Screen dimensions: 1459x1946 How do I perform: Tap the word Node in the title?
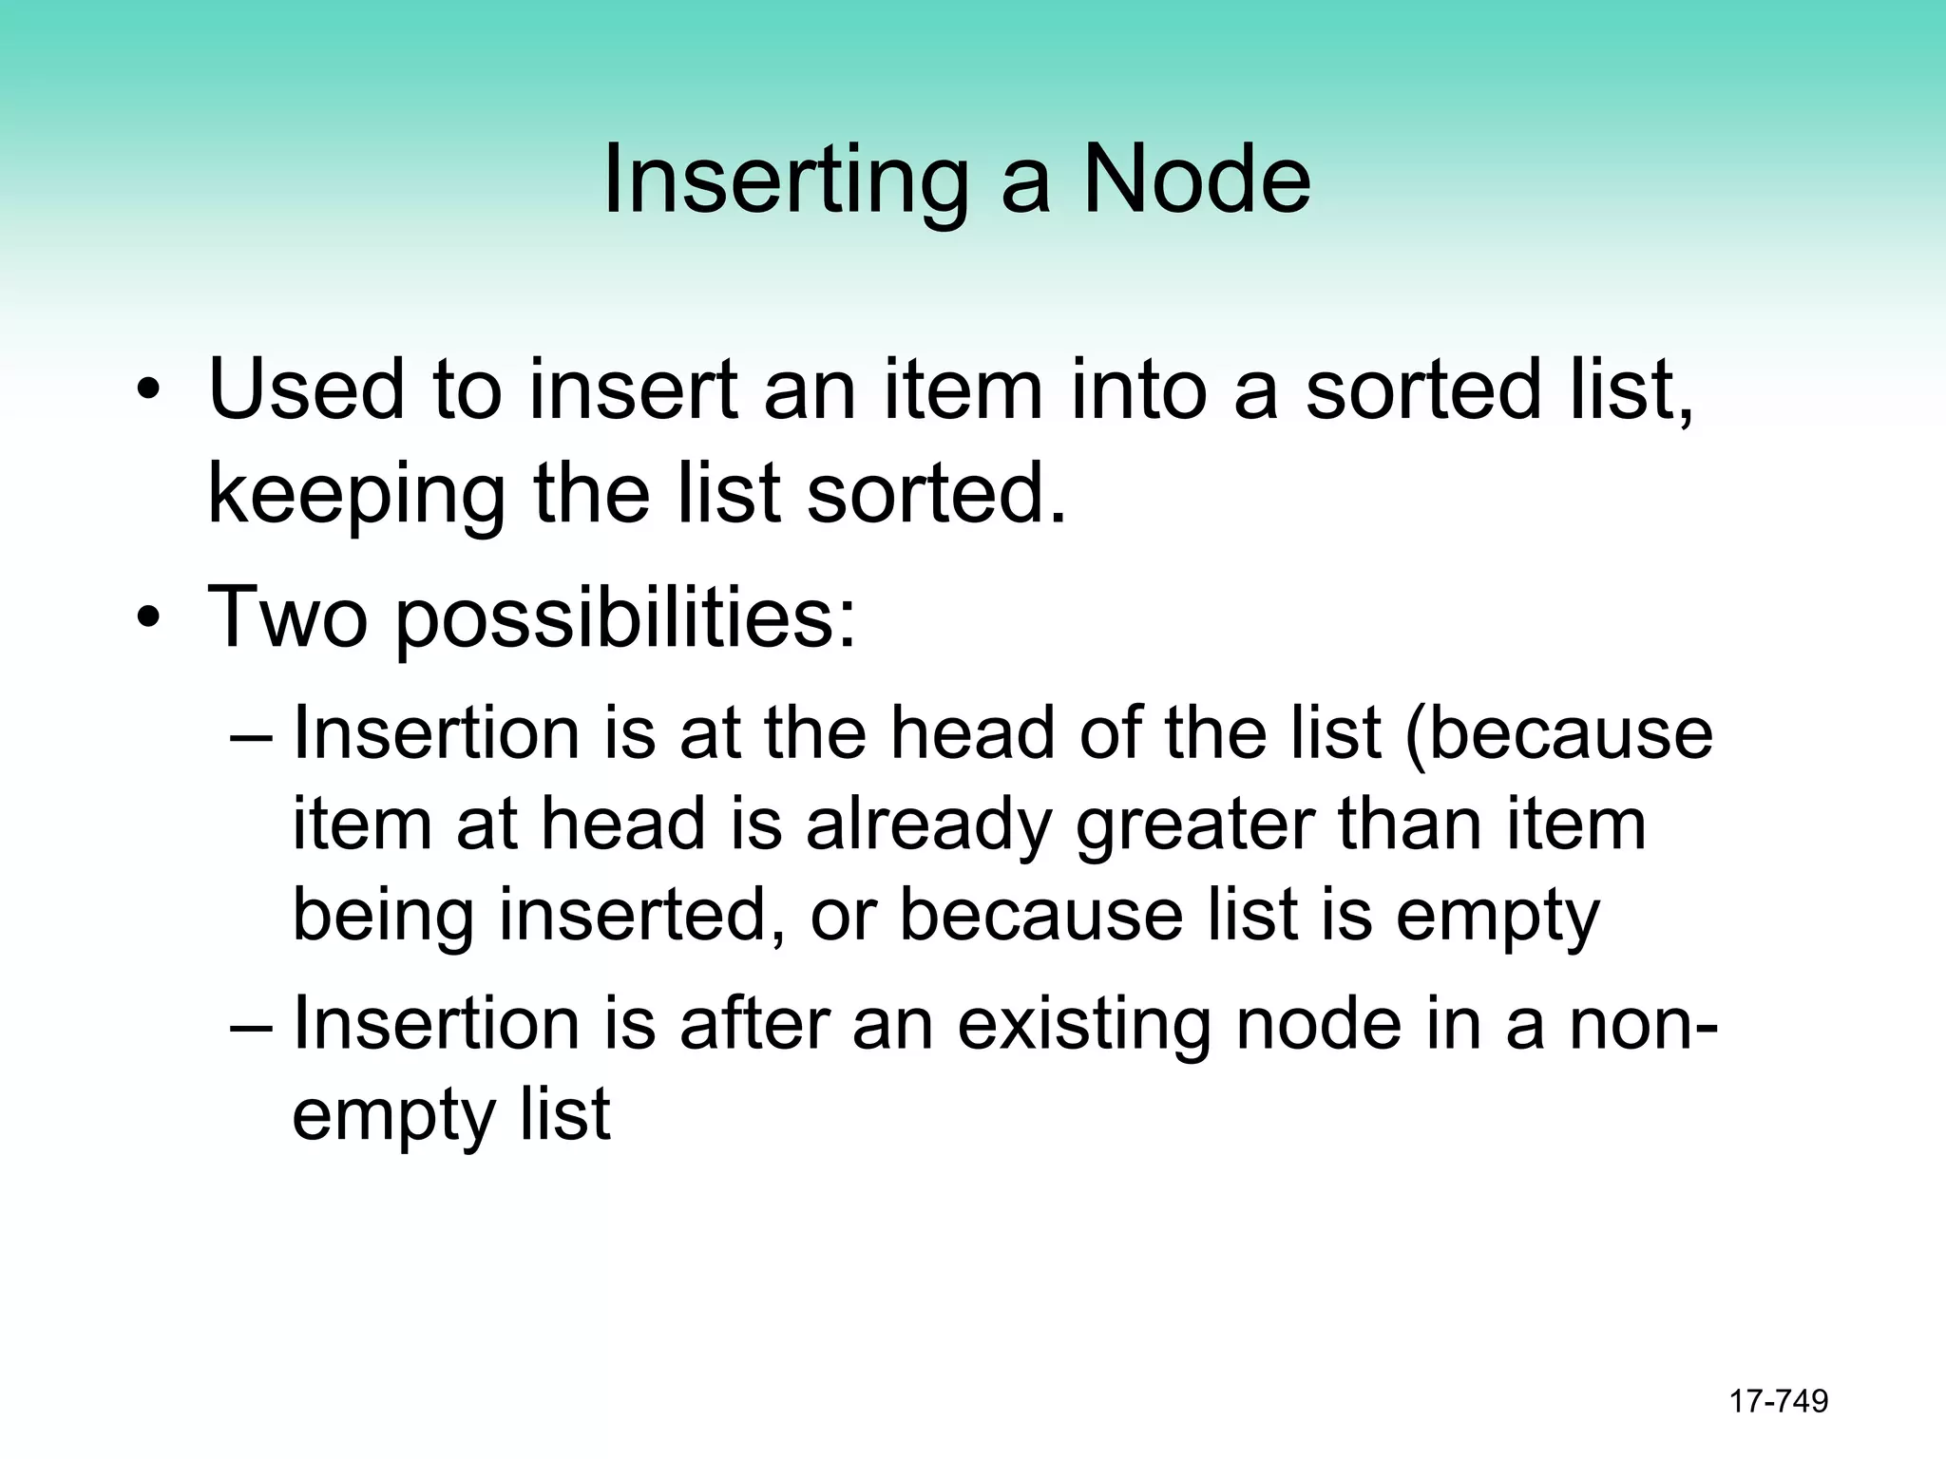[1196, 179]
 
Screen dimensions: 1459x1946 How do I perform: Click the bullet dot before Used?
[148, 391]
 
